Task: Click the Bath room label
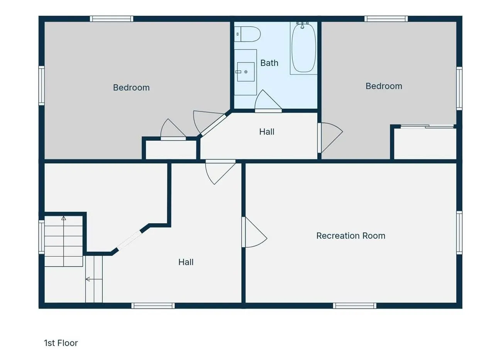269,63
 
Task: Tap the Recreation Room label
351,236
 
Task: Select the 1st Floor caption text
61,343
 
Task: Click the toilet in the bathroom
247,34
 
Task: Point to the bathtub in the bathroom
303,48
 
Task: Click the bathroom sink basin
246,72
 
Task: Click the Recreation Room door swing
255,232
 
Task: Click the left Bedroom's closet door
173,130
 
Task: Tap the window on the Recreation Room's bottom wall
354,306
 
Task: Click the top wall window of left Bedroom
112,19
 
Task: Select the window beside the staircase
42,237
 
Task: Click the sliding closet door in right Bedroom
427,127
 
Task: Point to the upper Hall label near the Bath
267,132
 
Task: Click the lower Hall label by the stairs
186,262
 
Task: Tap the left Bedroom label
131,88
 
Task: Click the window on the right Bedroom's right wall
459,88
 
